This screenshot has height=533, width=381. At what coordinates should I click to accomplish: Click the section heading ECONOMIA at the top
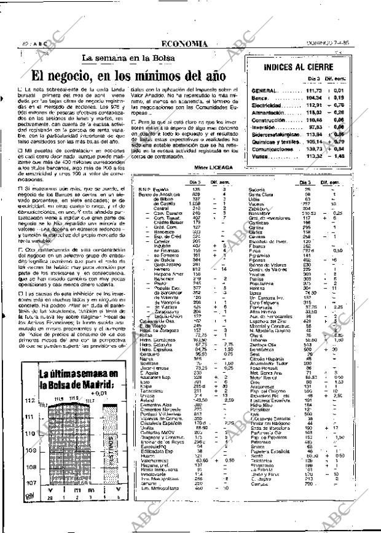(190, 44)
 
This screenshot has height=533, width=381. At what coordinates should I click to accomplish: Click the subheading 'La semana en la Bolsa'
(128, 58)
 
